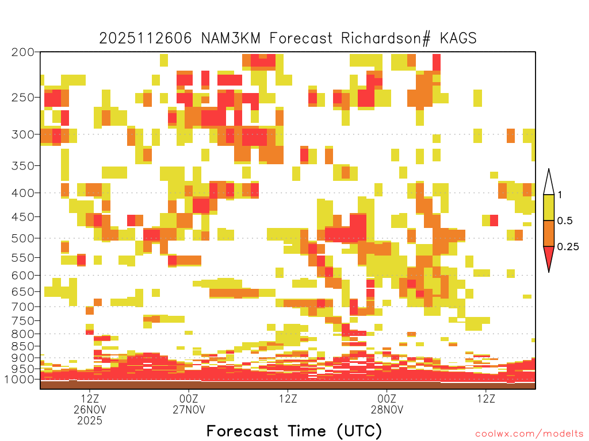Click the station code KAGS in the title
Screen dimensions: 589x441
[x=458, y=38]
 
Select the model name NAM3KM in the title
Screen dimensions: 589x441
[x=231, y=38]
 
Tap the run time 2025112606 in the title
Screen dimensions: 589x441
[x=146, y=38]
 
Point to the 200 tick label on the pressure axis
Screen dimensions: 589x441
[x=22, y=52]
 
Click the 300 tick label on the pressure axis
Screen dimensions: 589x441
[x=22, y=134]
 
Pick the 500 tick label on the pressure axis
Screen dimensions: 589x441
[x=22, y=238]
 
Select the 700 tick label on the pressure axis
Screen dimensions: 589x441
[x=22, y=307]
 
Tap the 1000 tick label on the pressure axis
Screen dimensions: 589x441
[x=19, y=380]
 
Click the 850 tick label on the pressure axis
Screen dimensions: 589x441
[x=22, y=346]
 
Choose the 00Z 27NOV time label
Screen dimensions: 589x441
[x=189, y=404]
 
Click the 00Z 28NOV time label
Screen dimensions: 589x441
[x=387, y=404]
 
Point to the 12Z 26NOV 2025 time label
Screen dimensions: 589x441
[x=90, y=409]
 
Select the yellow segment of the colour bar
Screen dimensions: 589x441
[x=549, y=207]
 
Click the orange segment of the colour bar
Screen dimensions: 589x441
[x=549, y=233]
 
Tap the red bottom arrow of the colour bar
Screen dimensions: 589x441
[x=549, y=257]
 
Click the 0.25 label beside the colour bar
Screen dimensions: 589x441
[x=568, y=246]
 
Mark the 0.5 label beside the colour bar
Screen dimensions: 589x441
[x=565, y=220]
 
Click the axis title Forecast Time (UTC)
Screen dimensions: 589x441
[x=294, y=431]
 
